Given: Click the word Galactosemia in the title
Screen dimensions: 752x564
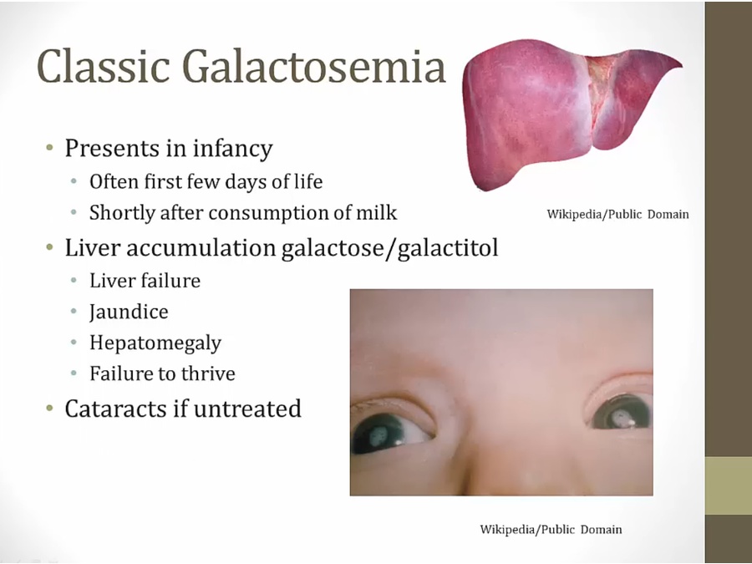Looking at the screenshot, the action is [314, 66].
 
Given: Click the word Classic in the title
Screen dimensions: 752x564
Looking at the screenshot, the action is [104, 66].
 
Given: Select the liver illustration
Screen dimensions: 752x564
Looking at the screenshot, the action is [572, 114].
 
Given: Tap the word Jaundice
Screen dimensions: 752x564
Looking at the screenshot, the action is [129, 312].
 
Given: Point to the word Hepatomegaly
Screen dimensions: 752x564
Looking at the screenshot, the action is [155, 343].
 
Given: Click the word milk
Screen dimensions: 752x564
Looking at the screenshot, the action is [377, 212].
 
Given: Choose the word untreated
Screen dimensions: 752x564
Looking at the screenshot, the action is [247, 409].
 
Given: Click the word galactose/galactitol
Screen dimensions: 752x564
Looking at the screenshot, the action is [389, 248].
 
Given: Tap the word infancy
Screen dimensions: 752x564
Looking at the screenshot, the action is [232, 149].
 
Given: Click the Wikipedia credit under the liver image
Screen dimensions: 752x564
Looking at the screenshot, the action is [617, 214].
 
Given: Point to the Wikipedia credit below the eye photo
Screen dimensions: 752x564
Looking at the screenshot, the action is [551, 530].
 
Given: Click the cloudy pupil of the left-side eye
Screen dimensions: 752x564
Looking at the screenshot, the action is [379, 435].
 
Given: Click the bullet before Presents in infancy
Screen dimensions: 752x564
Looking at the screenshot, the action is [50, 147].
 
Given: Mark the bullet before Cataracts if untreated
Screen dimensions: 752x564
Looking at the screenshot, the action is [50, 409].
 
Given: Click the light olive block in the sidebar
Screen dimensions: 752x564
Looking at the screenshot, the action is [729, 485].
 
